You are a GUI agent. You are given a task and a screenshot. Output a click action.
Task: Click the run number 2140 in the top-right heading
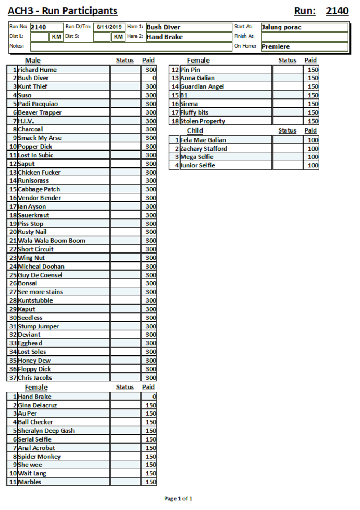337,11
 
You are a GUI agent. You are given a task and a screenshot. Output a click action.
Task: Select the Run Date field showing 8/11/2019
109,27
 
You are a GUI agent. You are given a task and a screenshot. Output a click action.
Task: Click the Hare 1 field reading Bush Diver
188,27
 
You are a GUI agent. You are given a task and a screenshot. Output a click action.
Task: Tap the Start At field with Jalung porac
304,27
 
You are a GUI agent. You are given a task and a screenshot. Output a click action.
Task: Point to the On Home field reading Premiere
304,46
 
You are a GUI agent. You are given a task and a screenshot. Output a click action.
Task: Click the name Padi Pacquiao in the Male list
38,104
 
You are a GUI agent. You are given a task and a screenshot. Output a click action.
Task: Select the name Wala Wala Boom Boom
52,241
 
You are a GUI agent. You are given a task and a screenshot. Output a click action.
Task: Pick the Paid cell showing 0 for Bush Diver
149,78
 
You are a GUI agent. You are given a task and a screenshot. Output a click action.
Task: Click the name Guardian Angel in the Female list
202,86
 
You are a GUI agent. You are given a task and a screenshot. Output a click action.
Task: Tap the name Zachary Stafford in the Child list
204,148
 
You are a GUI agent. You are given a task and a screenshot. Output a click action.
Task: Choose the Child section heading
195,130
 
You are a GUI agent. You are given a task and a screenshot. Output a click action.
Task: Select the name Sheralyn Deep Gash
46,431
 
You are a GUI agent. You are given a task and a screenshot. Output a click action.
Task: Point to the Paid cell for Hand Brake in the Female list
149,397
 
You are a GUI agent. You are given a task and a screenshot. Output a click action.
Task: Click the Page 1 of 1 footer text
178,498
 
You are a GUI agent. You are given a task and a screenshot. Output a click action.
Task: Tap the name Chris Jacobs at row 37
35,378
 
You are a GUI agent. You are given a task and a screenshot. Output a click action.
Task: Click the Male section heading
33,61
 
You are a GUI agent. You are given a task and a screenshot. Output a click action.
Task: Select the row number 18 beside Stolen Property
175,121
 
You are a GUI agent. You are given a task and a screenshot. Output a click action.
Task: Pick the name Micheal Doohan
41,267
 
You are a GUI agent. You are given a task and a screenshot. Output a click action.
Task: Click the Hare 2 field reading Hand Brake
188,37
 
